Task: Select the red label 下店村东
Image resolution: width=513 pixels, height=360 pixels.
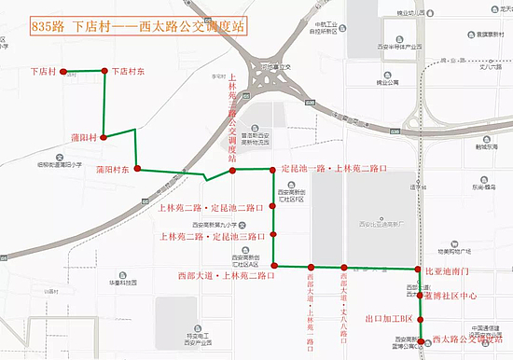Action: [x=131, y=71]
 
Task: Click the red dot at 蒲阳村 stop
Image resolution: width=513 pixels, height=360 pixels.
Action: [x=104, y=137]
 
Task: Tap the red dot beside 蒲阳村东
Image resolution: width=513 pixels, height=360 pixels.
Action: [x=138, y=169]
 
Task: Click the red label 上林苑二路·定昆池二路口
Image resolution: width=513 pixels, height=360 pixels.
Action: [x=212, y=208]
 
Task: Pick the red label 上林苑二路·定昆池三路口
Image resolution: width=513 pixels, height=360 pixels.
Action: [x=212, y=236]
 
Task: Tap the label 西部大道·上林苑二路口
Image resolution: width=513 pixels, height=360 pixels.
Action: [x=225, y=275]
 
